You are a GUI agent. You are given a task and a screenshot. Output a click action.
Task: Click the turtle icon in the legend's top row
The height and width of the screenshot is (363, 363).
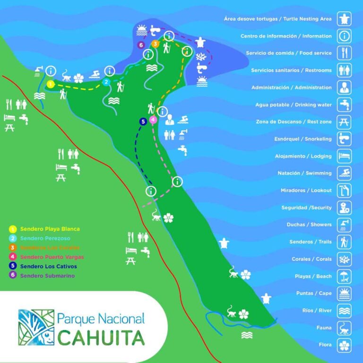(x=344, y=19)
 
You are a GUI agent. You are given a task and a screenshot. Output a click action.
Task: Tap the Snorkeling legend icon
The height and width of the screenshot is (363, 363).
(x=344, y=139)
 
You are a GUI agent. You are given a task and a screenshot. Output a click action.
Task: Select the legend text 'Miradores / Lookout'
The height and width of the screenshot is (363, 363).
(x=307, y=190)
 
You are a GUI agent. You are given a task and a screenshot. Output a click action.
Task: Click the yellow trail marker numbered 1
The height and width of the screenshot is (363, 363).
(x=51, y=84)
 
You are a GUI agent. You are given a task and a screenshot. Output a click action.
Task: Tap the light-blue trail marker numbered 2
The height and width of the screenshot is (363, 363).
(x=106, y=82)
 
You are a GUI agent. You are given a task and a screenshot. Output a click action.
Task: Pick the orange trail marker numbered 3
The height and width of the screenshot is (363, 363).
(x=155, y=44)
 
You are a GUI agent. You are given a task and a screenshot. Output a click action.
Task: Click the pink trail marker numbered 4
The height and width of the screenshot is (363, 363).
(x=153, y=120)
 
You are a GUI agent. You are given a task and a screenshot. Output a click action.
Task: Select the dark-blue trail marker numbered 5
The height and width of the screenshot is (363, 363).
(x=143, y=121)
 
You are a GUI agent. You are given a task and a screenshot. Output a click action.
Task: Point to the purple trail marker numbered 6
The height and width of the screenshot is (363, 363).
(x=141, y=45)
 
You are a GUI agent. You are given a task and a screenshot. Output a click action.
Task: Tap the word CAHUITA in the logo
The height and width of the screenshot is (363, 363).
(x=101, y=337)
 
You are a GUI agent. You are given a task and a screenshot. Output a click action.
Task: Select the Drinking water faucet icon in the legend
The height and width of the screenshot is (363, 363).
(x=344, y=104)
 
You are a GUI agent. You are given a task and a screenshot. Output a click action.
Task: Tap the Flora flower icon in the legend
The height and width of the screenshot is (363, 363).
(x=344, y=345)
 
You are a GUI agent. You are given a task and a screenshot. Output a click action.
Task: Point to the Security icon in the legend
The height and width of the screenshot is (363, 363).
(x=344, y=207)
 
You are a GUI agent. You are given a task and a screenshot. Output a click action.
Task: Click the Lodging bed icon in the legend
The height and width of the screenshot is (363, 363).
(x=344, y=156)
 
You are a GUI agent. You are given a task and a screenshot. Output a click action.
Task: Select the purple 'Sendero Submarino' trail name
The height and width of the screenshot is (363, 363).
(x=47, y=276)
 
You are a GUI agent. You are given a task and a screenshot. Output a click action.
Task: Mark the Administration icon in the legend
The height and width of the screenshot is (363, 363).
(x=344, y=87)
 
